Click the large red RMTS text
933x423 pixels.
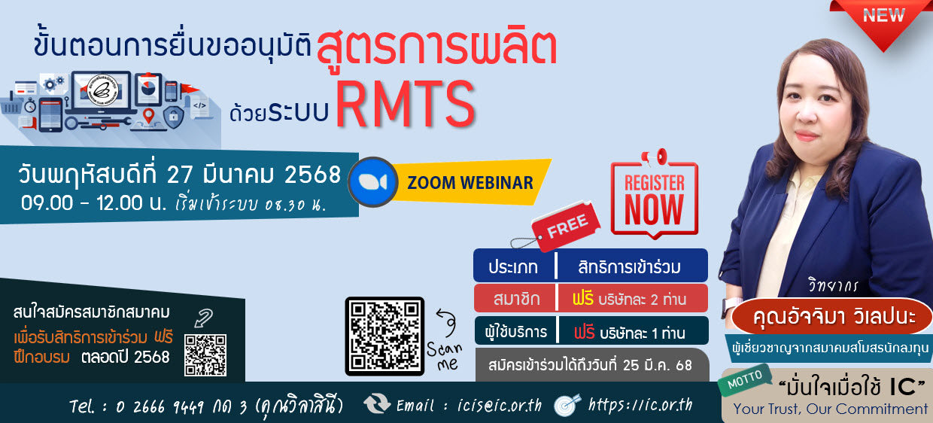405,104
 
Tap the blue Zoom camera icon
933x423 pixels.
372,181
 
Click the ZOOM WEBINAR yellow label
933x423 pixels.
470,183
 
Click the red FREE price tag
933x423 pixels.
567,226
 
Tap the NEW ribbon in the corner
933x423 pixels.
882,22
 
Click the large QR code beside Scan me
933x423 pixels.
384,336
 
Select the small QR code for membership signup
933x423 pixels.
205,355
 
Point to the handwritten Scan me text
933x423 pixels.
445,357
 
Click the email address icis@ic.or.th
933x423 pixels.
500,405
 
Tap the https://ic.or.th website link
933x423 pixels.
640,404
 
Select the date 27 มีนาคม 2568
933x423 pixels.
254,175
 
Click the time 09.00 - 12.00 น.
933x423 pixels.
93,203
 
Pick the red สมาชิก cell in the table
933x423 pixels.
515,298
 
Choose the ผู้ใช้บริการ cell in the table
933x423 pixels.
515,332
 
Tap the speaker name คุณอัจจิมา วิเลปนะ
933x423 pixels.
834,317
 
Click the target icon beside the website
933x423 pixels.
567,404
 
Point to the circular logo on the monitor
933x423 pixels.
103,90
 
